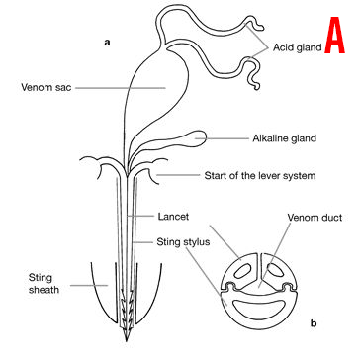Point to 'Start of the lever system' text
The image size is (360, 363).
[x=259, y=176]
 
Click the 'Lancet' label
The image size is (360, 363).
[x=175, y=215]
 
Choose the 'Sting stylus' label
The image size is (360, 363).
[x=181, y=240]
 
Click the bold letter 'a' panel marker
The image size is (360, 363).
[x=106, y=43]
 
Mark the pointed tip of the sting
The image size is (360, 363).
[x=127, y=340]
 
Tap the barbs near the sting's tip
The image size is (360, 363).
[x=126, y=315]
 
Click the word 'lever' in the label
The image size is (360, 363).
[x=268, y=176]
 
